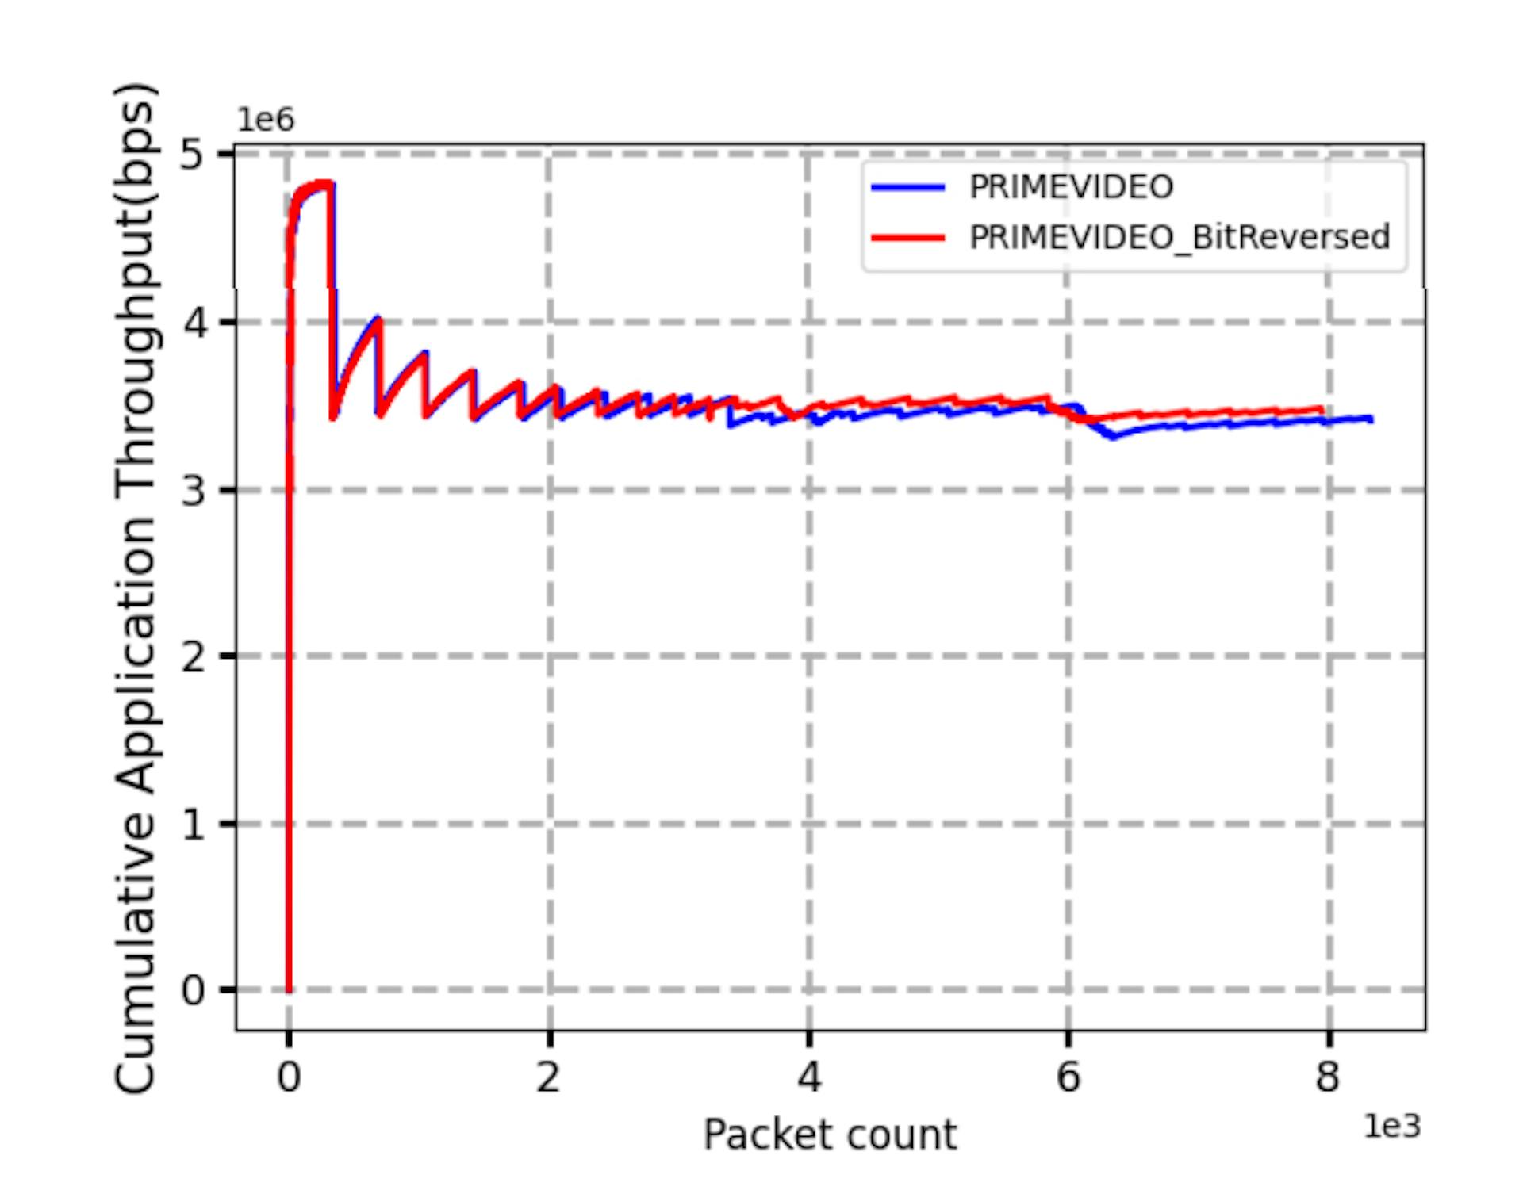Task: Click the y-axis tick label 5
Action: point(194,153)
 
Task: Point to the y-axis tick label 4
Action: point(194,322)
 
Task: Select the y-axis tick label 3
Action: point(194,490)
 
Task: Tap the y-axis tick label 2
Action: point(194,656)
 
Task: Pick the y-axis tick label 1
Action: point(194,825)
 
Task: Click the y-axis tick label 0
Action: point(194,990)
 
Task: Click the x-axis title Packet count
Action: point(830,1135)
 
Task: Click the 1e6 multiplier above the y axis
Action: point(266,120)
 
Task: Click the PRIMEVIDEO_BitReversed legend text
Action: point(1180,237)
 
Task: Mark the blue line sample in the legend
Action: point(908,188)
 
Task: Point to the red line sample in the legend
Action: point(908,237)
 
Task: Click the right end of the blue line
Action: point(1371,420)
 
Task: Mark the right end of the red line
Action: point(1322,409)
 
